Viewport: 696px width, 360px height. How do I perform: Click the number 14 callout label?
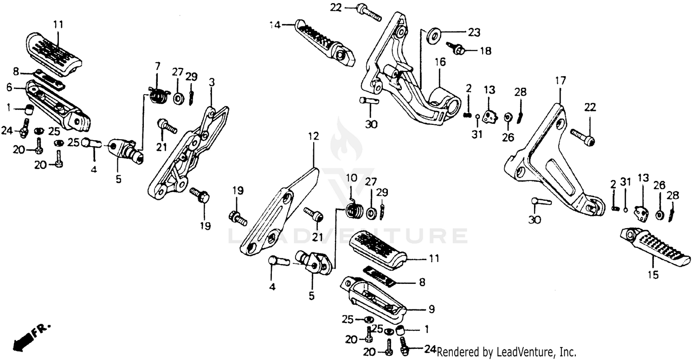[x=276, y=25]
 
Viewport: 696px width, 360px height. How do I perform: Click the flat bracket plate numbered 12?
[x=278, y=213]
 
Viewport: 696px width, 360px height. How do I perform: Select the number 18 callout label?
[x=485, y=51]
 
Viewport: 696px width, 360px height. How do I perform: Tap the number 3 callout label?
[x=212, y=83]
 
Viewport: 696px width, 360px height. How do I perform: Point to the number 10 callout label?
[x=351, y=178]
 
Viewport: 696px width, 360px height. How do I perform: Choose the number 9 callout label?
[x=431, y=309]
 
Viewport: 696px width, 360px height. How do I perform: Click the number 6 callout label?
[x=9, y=87]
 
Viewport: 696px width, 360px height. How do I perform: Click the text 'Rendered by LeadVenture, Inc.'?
[x=506, y=352]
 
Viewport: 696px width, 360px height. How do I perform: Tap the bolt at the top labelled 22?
[x=370, y=13]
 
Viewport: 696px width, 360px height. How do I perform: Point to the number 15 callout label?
[x=653, y=275]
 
